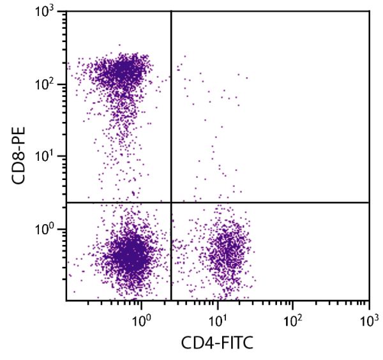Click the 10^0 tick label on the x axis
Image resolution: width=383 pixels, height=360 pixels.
click(x=141, y=317)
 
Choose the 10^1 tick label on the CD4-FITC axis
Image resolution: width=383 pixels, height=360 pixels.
click(x=218, y=317)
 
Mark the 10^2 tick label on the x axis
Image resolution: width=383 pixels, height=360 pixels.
click(x=293, y=317)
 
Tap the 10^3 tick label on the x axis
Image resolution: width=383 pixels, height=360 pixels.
click(x=369, y=317)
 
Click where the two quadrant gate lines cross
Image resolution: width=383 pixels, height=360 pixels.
click(x=171, y=202)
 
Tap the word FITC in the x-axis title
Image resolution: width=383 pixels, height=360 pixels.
click(x=236, y=345)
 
